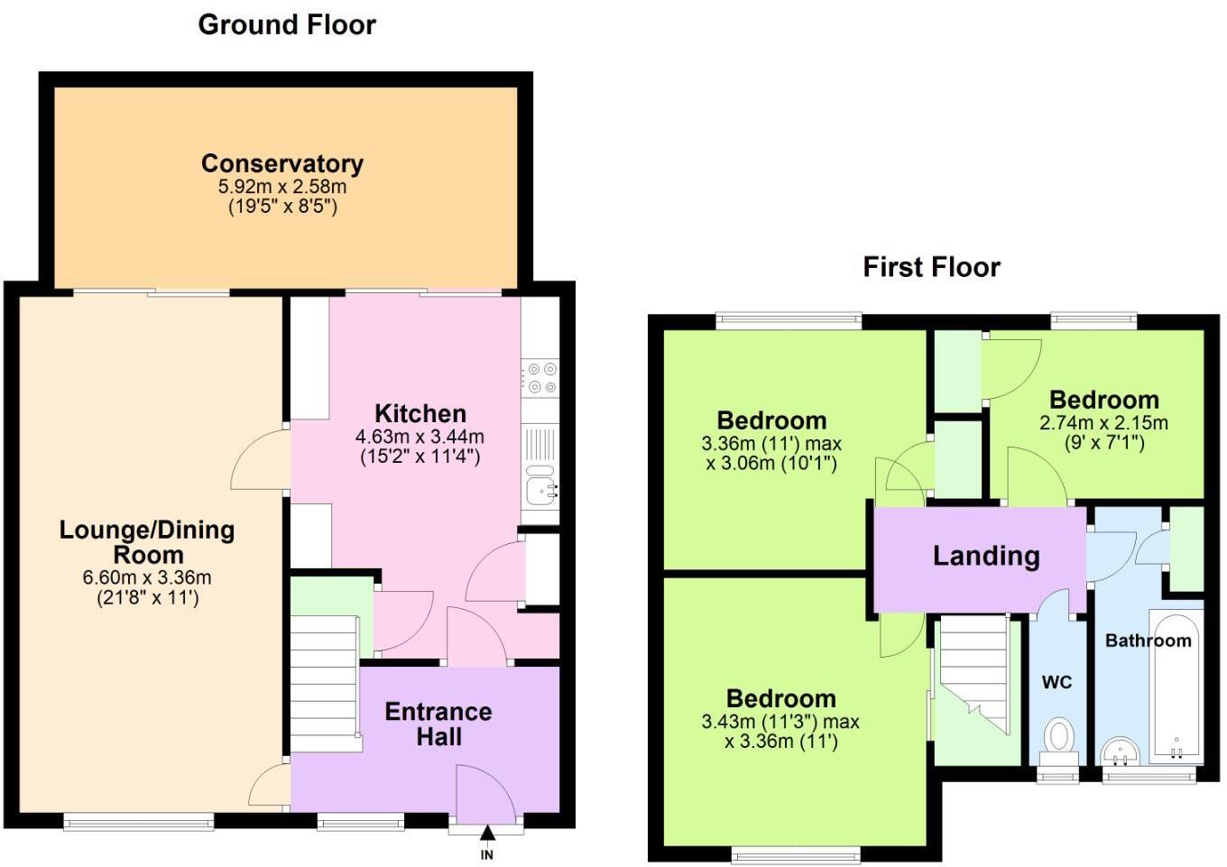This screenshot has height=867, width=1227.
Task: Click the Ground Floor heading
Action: click(x=287, y=24)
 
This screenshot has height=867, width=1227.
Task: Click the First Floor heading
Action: click(x=931, y=267)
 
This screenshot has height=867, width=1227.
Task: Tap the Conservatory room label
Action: click(x=282, y=163)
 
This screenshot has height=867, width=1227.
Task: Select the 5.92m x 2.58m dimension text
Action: click(x=282, y=187)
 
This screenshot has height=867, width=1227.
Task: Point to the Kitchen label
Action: click(x=420, y=413)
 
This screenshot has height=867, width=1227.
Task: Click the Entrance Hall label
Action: click(x=438, y=724)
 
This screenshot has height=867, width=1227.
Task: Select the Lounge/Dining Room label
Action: click(x=147, y=541)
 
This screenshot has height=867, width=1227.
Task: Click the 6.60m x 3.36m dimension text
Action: click(x=147, y=577)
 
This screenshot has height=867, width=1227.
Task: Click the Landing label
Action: click(x=986, y=556)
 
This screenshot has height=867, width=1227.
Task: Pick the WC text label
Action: click(x=1056, y=682)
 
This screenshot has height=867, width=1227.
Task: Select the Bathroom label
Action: click(x=1148, y=641)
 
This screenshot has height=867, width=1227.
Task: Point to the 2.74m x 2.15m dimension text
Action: click(x=1103, y=422)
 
